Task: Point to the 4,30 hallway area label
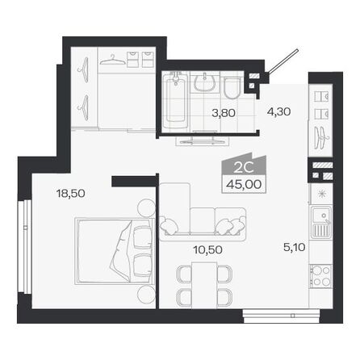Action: coord(278,114)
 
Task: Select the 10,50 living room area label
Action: coord(207,249)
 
